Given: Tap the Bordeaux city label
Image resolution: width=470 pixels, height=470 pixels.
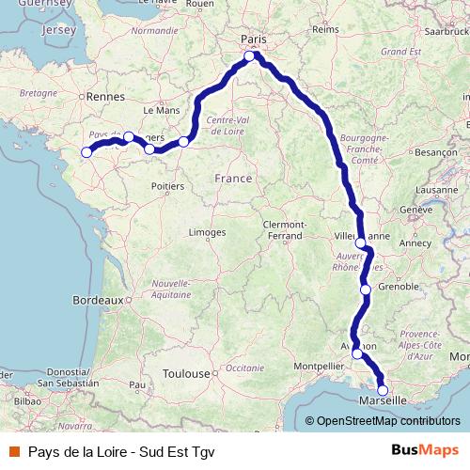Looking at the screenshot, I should pos(98,301).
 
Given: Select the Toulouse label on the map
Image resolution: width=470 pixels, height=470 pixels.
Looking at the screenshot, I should pos(184,373).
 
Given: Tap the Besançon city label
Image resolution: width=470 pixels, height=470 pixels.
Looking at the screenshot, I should pos(435,151).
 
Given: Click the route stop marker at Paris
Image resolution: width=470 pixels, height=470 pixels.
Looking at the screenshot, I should pos(250,56).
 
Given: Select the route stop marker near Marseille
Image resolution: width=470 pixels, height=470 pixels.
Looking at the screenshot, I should pos(383,390).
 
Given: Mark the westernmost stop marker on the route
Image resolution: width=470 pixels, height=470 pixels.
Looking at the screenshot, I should pos(86,152).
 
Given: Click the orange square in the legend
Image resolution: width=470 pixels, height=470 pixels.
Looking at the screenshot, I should pos(13,449).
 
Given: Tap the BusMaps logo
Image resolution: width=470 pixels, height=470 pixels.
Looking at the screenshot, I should pos(425,449).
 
